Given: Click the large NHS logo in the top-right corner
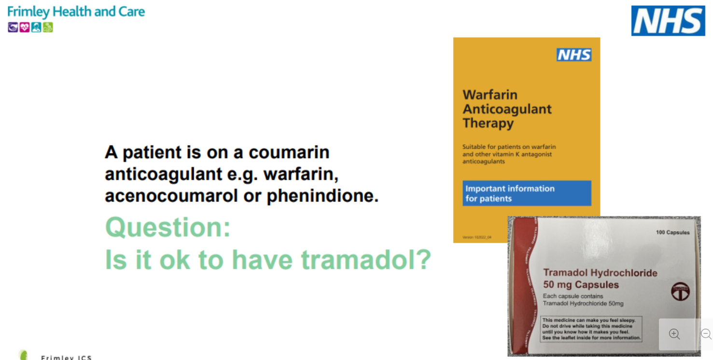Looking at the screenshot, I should tap(668, 21).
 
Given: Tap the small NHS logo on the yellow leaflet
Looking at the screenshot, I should tap(574, 55).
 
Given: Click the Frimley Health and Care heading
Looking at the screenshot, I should tap(76, 12).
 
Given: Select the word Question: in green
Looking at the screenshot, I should tap(168, 227).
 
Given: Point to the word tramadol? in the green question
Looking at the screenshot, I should tap(366, 260).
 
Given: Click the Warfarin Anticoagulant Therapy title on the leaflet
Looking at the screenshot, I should tap(507, 109).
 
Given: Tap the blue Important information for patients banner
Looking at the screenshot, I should tap(526, 193).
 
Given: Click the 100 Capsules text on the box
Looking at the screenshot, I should tap(672, 233).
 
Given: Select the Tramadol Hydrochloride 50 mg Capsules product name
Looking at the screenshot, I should tap(600, 278).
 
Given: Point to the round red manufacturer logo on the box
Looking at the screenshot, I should tap(680, 291).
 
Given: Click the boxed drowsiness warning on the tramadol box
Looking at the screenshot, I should tap(591, 329).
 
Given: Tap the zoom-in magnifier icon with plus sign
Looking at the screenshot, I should tap(674, 334).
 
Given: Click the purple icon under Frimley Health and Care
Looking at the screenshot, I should tap(13, 28).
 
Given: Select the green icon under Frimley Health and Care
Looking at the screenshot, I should tap(48, 28).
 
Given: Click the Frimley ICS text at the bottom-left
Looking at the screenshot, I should tap(66, 357).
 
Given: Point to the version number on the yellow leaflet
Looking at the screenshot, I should tap(476, 237).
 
